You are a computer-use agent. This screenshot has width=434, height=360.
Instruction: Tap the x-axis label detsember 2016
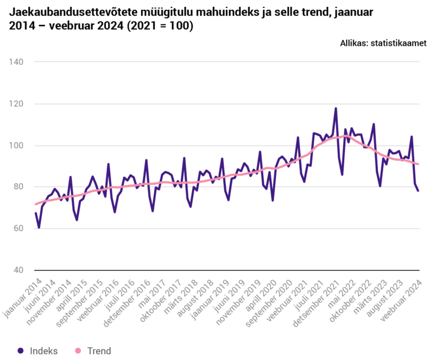129,302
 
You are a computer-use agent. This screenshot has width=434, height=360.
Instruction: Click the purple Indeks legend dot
20,351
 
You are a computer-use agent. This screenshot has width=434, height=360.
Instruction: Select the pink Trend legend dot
77,351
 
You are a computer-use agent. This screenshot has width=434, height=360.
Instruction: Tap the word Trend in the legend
99,351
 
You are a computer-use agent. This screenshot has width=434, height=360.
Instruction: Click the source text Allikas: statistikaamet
383,43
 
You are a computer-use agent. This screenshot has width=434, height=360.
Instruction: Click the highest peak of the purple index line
336,109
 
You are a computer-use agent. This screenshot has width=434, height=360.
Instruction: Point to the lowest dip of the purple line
39,227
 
